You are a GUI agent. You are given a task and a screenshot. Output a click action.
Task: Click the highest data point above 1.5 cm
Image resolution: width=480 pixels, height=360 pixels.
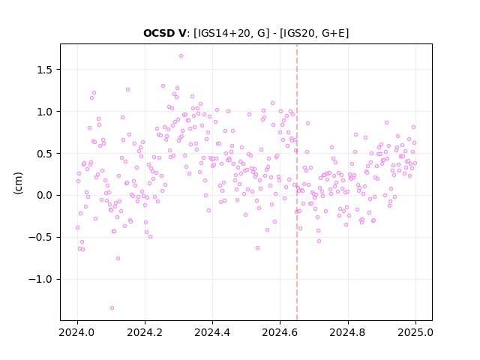[181, 56]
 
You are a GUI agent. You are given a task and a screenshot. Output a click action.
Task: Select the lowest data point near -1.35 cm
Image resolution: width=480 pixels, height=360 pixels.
[112, 308]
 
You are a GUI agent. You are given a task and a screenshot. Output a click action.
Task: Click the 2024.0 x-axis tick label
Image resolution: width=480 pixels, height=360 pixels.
[77, 332]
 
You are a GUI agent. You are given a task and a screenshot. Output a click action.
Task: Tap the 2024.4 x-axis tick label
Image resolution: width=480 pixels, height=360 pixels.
[212, 332]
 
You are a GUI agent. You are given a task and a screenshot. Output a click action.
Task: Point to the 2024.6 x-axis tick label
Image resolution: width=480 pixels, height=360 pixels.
[280, 332]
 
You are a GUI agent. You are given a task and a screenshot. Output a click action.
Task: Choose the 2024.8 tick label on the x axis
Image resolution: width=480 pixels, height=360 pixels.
[348, 332]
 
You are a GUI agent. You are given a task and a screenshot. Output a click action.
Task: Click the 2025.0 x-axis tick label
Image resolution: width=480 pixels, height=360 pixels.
[415, 332]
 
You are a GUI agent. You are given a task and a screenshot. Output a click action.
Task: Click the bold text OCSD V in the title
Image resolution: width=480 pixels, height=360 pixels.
[164, 33]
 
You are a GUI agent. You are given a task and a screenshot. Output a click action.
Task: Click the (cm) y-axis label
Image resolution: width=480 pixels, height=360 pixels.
[18, 183]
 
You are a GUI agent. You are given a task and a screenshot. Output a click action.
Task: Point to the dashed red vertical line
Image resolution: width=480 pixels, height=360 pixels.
[297, 182]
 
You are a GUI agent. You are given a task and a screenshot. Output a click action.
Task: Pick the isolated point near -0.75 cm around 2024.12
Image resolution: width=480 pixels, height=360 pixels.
[118, 258]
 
